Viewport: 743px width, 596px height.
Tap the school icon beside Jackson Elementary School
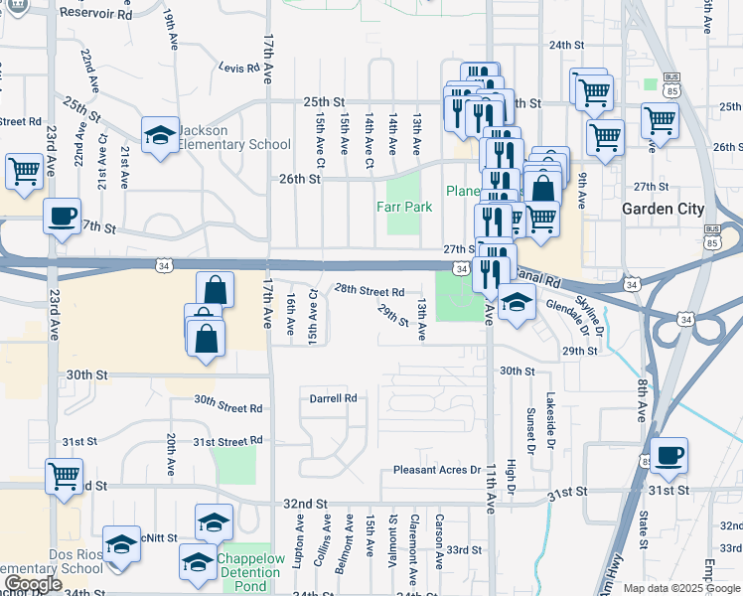[x=159, y=138]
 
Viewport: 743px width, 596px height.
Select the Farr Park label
[x=403, y=208]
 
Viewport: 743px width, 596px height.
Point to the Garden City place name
[x=663, y=210]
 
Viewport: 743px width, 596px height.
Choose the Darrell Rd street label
[x=333, y=398]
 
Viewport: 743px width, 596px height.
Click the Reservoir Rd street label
[x=96, y=15]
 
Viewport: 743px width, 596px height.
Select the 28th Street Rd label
[x=369, y=292]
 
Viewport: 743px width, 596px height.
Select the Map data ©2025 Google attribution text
[x=680, y=588]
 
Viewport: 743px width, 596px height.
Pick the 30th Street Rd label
[x=227, y=403]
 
